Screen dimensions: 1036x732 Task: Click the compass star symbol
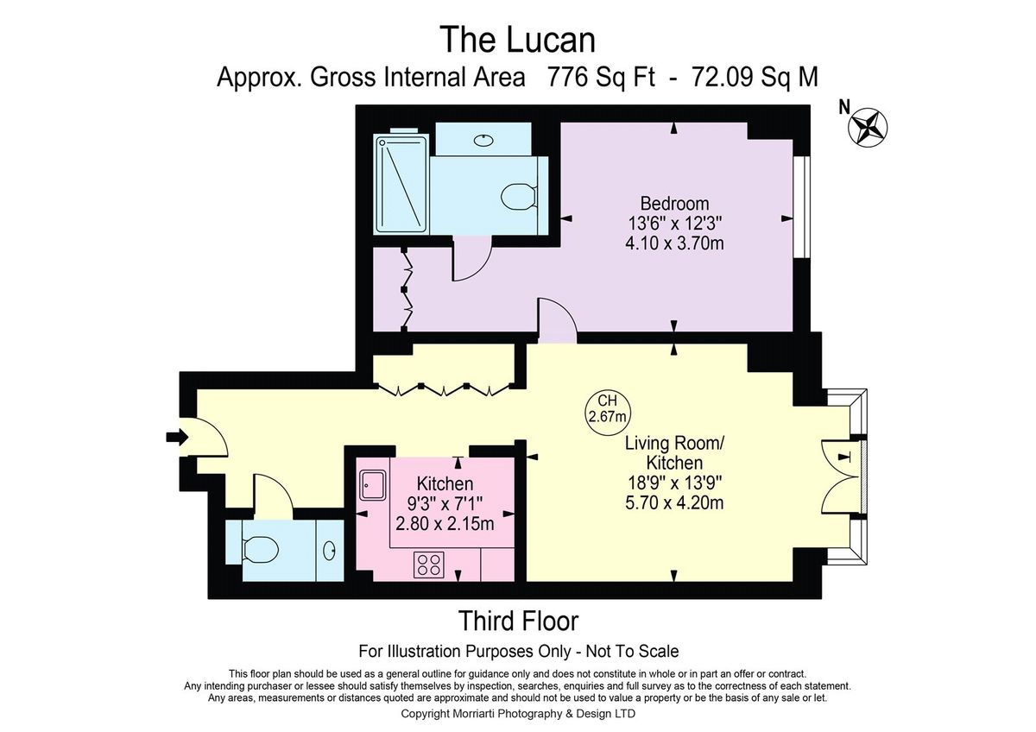[868, 128]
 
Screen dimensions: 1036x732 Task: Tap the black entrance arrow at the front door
[177, 437]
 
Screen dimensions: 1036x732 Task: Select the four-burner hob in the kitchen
[429, 565]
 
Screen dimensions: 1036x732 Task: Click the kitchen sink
[373, 484]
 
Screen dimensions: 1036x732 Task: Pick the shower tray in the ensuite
[402, 184]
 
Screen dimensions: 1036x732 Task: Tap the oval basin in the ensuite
[483, 139]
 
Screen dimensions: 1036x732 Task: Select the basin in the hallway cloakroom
[329, 551]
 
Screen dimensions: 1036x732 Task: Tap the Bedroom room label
[674, 204]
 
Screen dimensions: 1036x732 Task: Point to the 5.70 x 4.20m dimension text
[674, 502]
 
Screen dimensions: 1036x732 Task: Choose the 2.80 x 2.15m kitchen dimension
[445, 524]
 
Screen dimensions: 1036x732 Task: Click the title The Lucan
[519, 40]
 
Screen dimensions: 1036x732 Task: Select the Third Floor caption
[518, 621]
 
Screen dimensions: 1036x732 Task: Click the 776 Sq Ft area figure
[601, 77]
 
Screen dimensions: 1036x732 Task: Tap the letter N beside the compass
[844, 108]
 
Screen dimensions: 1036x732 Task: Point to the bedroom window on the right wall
[802, 207]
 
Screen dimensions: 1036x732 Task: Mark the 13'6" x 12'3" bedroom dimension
[674, 224]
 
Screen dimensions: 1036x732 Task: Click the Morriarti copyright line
[518, 714]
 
